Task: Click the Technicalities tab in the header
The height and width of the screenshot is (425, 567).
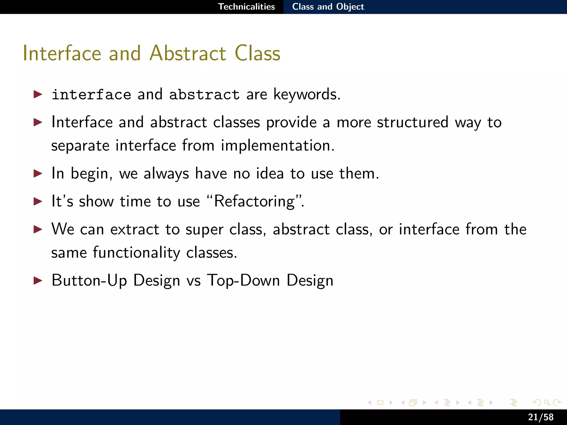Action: tap(246, 7)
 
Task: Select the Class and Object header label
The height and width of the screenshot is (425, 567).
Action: tap(328, 7)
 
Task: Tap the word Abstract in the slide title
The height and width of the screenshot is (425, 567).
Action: tap(188, 53)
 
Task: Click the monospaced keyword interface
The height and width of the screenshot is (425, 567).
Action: tap(91, 95)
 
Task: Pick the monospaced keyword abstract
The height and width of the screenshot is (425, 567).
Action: tap(204, 95)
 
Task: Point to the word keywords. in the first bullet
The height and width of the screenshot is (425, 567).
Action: tap(307, 95)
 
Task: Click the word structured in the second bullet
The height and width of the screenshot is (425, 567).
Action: tap(413, 122)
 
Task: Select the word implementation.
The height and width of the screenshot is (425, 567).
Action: tap(277, 146)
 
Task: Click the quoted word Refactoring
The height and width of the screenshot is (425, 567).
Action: tap(255, 201)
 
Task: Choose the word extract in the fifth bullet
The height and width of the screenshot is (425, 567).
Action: tap(135, 229)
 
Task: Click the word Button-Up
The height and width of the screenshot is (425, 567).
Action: tap(89, 281)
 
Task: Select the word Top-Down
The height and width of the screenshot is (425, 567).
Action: tap(243, 281)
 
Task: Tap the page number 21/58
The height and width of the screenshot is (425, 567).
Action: tap(540, 417)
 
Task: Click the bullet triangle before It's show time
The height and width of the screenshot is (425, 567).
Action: tap(38, 201)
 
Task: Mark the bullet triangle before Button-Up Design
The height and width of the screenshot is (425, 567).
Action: tap(38, 281)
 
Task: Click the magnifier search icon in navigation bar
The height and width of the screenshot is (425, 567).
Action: tap(547, 403)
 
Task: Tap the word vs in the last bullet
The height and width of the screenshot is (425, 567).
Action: tap(194, 281)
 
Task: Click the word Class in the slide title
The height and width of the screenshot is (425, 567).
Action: tap(257, 53)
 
